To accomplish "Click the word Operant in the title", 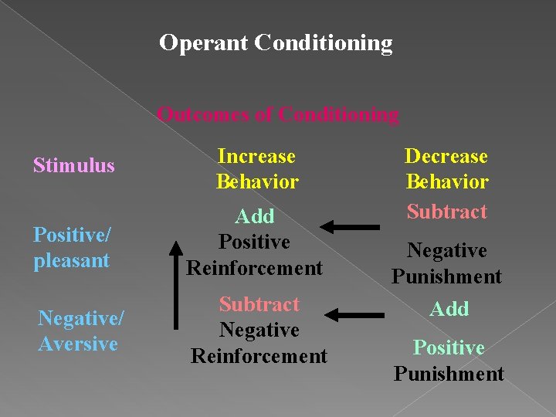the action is point(202,42).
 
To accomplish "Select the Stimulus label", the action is point(73,165).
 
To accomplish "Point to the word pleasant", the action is point(72,260).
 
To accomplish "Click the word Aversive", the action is point(78,343).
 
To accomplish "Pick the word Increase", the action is point(256,156).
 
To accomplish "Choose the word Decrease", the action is point(446,156).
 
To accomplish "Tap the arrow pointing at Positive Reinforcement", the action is point(350,226).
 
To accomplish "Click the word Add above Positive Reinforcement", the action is point(256,216).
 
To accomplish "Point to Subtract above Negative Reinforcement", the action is point(259,304).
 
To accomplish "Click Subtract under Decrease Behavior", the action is point(447,212).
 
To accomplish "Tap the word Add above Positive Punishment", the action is point(449,309).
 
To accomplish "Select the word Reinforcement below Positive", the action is point(256,268).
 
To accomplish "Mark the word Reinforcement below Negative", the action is point(259,356).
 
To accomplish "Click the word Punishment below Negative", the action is point(447,276).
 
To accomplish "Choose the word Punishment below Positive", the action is point(449,374).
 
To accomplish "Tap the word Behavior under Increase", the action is point(257,182).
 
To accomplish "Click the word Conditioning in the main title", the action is point(323,42).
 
